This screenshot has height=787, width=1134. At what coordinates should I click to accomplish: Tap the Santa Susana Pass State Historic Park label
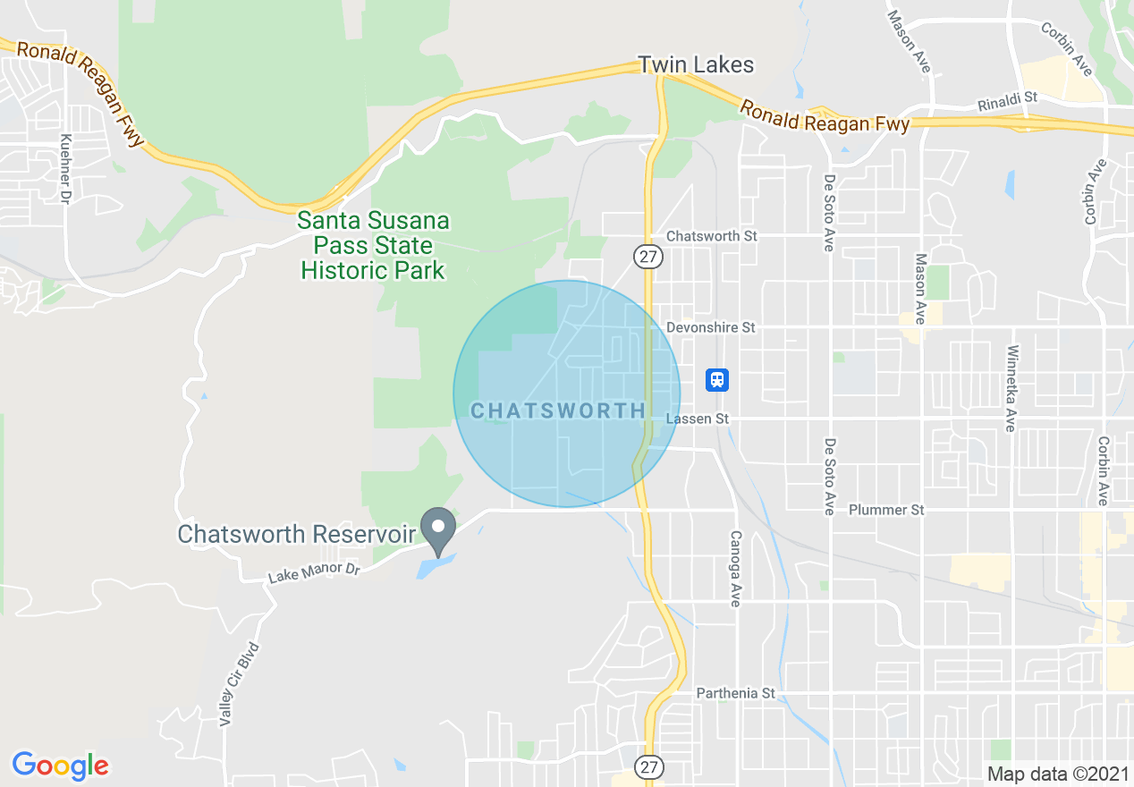click(373, 245)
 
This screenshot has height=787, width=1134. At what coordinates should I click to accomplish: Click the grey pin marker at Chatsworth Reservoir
click(438, 529)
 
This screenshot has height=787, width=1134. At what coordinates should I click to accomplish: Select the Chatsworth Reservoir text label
click(297, 534)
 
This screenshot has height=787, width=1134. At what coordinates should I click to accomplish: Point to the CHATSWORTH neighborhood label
click(558, 410)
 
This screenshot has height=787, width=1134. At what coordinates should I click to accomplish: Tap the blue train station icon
click(716, 380)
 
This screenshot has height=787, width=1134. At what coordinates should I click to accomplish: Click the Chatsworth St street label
click(712, 236)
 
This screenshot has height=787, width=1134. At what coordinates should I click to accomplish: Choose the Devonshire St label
click(711, 327)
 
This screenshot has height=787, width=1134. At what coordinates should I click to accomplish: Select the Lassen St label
click(698, 419)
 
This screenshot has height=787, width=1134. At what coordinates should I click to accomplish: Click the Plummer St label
click(886, 510)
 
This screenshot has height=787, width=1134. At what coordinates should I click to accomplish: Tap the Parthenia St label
click(736, 693)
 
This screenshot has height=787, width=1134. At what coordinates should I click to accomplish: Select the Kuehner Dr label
click(65, 169)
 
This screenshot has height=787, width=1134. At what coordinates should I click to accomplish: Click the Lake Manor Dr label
click(313, 572)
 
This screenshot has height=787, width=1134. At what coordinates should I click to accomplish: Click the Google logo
click(60, 766)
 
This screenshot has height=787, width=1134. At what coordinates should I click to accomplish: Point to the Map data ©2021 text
click(1056, 774)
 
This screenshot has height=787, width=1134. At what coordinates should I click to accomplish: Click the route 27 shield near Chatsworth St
click(647, 257)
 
